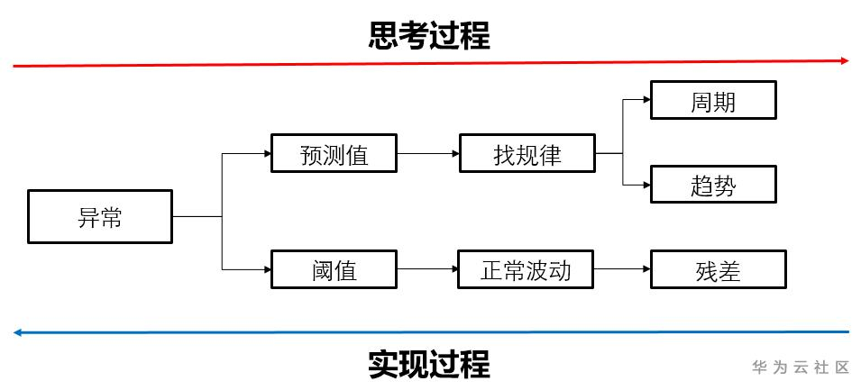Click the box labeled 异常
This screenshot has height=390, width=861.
(x=100, y=216)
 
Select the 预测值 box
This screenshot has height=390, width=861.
(x=334, y=154)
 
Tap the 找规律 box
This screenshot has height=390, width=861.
(x=527, y=154)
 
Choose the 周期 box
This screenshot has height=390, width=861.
(x=713, y=101)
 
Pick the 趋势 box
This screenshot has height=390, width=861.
(x=713, y=185)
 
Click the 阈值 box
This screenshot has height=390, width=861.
(x=334, y=269)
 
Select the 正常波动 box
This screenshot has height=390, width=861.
(x=527, y=269)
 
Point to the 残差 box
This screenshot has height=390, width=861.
(x=718, y=269)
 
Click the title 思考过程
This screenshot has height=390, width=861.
(x=429, y=36)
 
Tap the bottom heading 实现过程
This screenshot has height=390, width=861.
(x=429, y=365)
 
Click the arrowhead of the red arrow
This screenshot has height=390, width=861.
(x=845, y=60)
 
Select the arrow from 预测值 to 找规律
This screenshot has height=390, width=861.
(x=427, y=154)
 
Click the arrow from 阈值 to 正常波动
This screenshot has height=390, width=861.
(x=427, y=269)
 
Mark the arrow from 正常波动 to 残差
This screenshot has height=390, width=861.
(x=622, y=269)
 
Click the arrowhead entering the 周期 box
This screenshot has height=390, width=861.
(x=646, y=102)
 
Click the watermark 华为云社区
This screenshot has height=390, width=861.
(x=801, y=367)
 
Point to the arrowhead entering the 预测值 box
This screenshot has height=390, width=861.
(x=267, y=154)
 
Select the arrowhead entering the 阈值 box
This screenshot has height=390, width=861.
(x=267, y=269)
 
